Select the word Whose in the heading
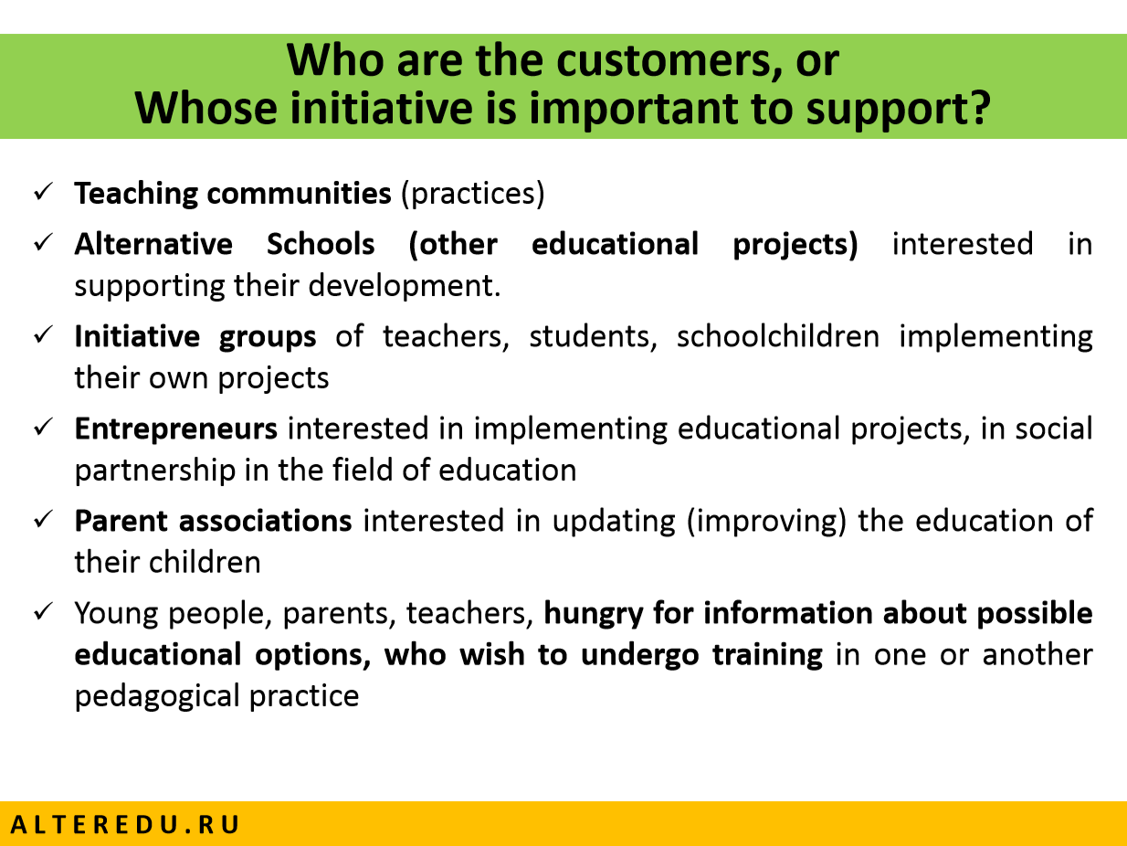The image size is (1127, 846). click(x=205, y=108)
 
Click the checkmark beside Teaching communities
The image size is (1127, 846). click(x=43, y=192)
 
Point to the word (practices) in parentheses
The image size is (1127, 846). click(x=473, y=194)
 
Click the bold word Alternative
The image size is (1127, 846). click(x=153, y=243)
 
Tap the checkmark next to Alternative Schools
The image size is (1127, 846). click(x=43, y=242)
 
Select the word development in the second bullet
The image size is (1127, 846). click(x=404, y=285)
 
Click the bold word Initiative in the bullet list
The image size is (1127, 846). click(x=137, y=336)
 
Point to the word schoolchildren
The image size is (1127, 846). click(x=778, y=336)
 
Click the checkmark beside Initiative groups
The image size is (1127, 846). click(x=43, y=335)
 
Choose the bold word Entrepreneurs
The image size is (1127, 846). click(x=176, y=429)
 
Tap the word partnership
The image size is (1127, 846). click(x=155, y=471)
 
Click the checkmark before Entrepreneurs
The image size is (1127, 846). click(x=43, y=427)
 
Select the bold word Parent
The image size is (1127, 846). click(x=121, y=521)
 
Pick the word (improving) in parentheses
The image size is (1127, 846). click(x=766, y=522)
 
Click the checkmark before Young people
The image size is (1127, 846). click(x=43, y=611)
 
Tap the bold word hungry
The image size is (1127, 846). click(x=594, y=614)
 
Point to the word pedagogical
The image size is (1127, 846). click(x=157, y=697)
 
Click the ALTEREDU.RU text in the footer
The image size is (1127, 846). click(x=125, y=824)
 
